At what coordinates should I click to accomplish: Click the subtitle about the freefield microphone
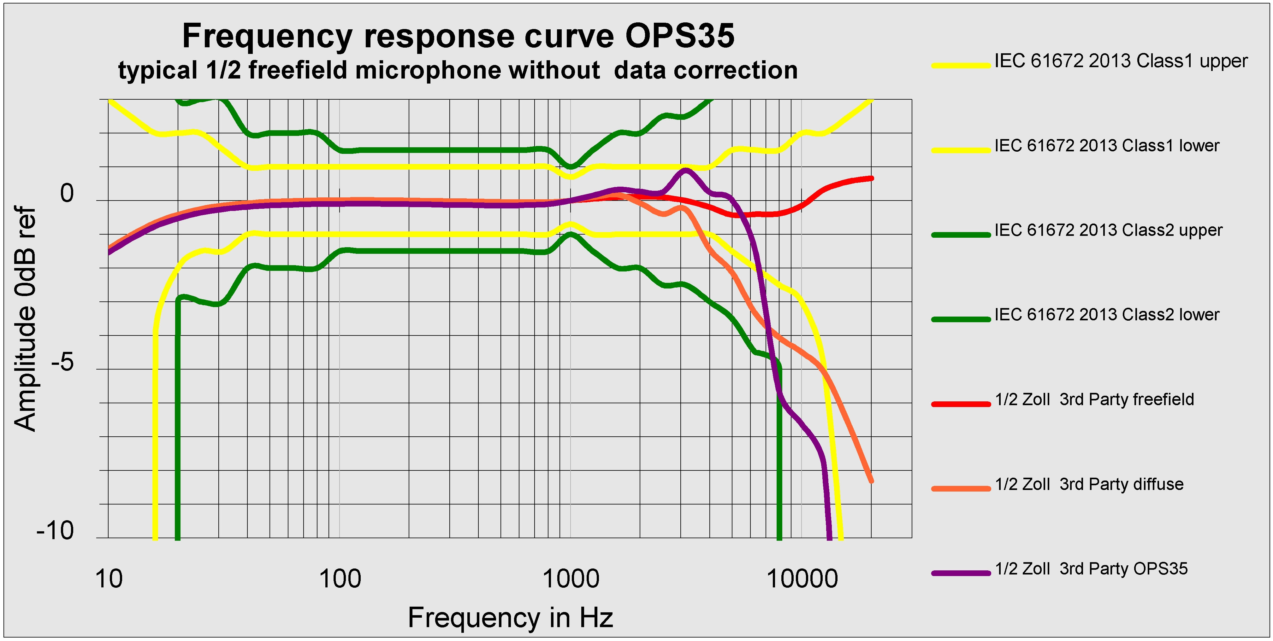pyautogui.click(x=458, y=70)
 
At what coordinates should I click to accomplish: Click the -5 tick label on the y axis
pyautogui.click(x=62, y=362)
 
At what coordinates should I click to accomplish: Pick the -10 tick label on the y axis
pyautogui.click(x=55, y=531)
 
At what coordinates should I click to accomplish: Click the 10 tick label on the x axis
pyautogui.click(x=109, y=579)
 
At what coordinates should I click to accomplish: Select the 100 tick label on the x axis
pyautogui.click(x=340, y=579)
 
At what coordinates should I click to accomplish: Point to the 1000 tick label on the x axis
pyautogui.click(x=571, y=579)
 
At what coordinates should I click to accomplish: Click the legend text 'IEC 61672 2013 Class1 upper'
pyautogui.click(x=1121, y=61)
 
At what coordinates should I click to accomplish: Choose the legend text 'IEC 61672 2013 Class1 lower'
pyautogui.click(x=1107, y=146)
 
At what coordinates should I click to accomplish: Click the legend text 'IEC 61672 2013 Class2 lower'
pyautogui.click(x=1107, y=315)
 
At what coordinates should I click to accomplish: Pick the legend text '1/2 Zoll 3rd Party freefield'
pyautogui.click(x=1094, y=399)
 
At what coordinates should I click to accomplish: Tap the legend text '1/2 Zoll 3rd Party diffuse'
pyautogui.click(x=1089, y=484)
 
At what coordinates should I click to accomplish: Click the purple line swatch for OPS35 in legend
pyautogui.click(x=961, y=573)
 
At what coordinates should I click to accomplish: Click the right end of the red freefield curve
pyautogui.click(x=871, y=178)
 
